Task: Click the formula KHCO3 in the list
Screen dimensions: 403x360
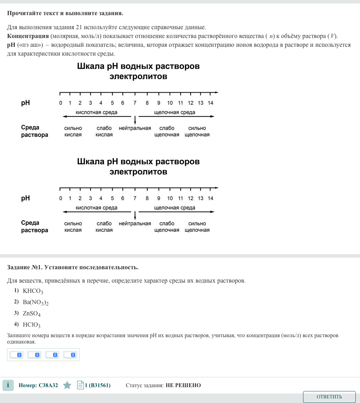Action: (x=33, y=291)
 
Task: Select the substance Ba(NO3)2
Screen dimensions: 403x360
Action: (x=36, y=302)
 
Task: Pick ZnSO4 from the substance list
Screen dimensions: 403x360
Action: (x=32, y=314)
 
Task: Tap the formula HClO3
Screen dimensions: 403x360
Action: (x=32, y=325)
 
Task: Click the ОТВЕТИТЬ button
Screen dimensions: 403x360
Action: (x=329, y=397)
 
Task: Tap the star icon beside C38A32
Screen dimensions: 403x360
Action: (x=67, y=385)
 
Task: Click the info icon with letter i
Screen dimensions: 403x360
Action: (x=8, y=385)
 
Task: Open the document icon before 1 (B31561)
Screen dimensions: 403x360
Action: (x=80, y=385)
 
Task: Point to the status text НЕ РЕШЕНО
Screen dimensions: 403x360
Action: (x=183, y=385)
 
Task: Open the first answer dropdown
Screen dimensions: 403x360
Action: (x=16, y=355)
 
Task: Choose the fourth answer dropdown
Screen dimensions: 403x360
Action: (x=70, y=355)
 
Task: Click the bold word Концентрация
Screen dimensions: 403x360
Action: (x=28, y=36)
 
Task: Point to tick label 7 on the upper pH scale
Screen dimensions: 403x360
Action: (x=135, y=103)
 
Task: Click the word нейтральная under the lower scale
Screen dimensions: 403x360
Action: (x=135, y=223)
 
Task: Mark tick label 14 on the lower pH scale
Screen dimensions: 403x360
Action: (x=210, y=199)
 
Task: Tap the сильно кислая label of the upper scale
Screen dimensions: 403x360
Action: (x=73, y=132)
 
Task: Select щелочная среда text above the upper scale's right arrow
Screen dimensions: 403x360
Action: (x=175, y=113)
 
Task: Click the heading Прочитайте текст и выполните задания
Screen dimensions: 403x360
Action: (x=65, y=13)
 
